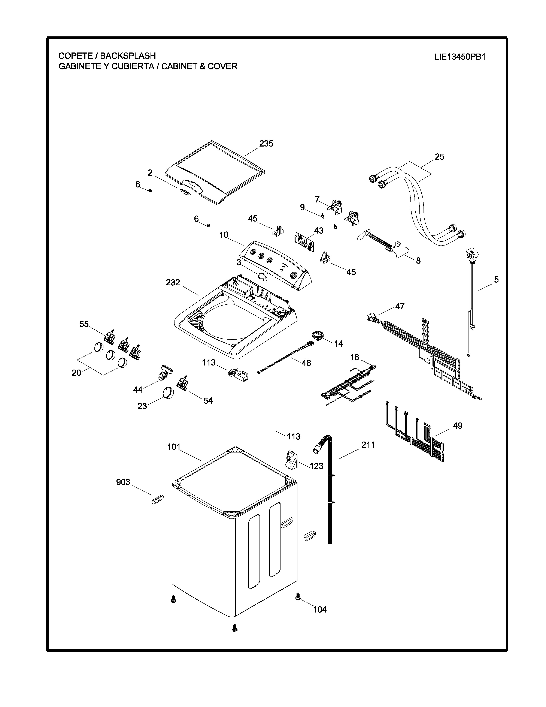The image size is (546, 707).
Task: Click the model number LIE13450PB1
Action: [x=460, y=57]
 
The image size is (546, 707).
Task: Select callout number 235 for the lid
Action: [x=266, y=143]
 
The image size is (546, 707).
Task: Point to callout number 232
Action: [x=173, y=283]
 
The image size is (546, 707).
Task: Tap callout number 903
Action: [x=123, y=482]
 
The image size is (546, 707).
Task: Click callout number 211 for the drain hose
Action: [x=368, y=445]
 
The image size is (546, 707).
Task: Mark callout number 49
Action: [x=457, y=426]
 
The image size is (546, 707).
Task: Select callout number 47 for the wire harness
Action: [x=400, y=306]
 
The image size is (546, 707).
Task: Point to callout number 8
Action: [x=418, y=261]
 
